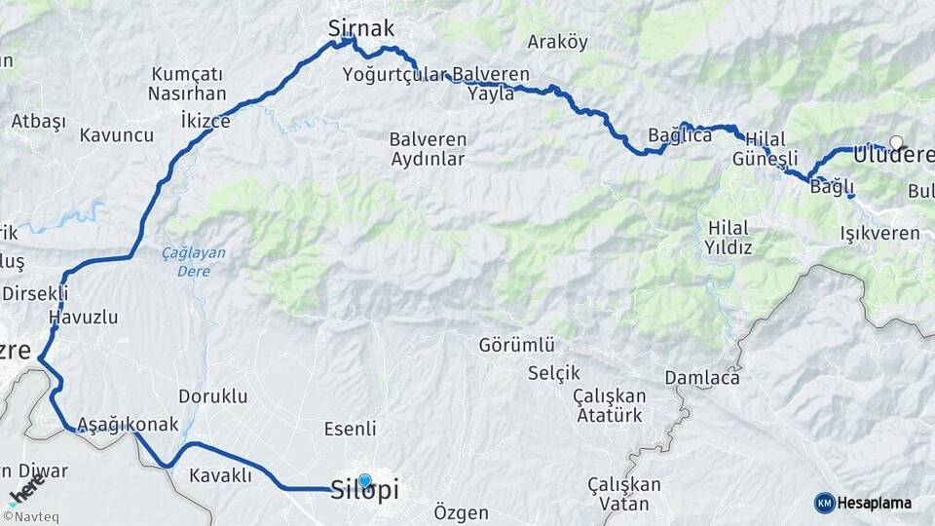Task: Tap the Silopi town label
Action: pyautogui.click(x=365, y=489)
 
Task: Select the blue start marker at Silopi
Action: pyautogui.click(x=364, y=480)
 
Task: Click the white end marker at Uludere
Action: pyautogui.click(x=896, y=142)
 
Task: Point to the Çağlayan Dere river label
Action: pyautogui.click(x=193, y=261)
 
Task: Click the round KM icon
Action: pyautogui.click(x=825, y=503)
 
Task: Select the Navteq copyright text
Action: pyautogui.click(x=30, y=517)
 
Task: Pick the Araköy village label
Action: pyautogui.click(x=557, y=42)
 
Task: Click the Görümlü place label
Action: pyautogui.click(x=516, y=345)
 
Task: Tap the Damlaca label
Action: pyautogui.click(x=701, y=377)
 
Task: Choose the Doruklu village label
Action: pyautogui.click(x=213, y=396)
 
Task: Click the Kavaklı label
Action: pyautogui.click(x=221, y=475)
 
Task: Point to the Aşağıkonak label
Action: pyautogui.click(x=128, y=424)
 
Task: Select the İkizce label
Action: pyautogui.click(x=206, y=121)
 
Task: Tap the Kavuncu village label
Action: pyautogui.click(x=117, y=134)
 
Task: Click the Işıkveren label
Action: pyautogui.click(x=879, y=233)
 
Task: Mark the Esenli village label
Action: pyautogui.click(x=349, y=429)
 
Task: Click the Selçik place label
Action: pyautogui.click(x=553, y=372)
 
